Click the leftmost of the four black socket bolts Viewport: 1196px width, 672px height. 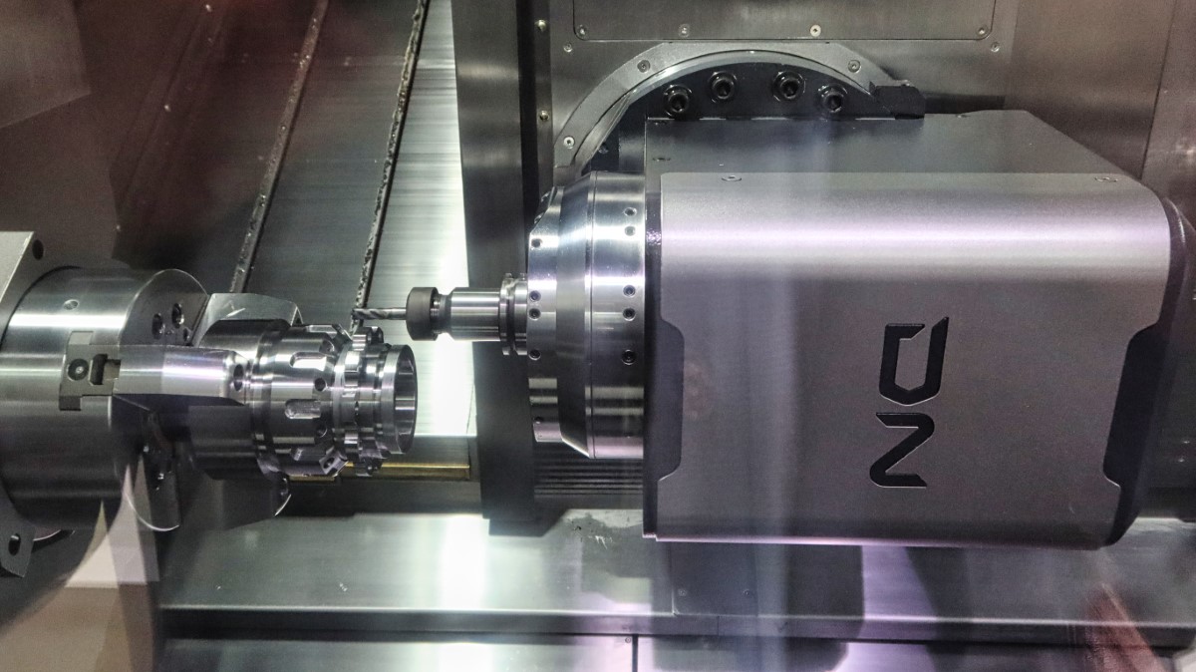677,98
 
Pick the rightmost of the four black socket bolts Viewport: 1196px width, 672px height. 832,98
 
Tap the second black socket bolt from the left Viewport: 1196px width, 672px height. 723,86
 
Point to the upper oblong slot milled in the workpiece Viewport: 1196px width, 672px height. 308,363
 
